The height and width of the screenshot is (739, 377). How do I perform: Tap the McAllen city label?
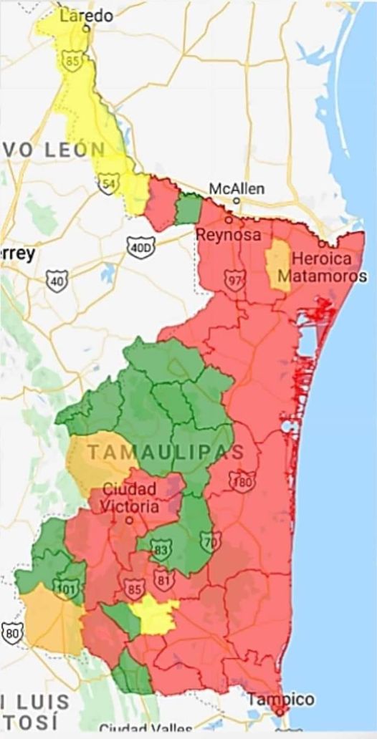[237, 189]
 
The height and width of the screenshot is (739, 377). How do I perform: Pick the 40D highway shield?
[139, 248]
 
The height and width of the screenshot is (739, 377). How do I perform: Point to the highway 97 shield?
[234, 279]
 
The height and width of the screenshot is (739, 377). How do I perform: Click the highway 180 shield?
[242, 482]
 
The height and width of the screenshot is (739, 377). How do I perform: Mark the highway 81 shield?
[163, 577]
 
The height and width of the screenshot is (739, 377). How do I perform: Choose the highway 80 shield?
[12, 632]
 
